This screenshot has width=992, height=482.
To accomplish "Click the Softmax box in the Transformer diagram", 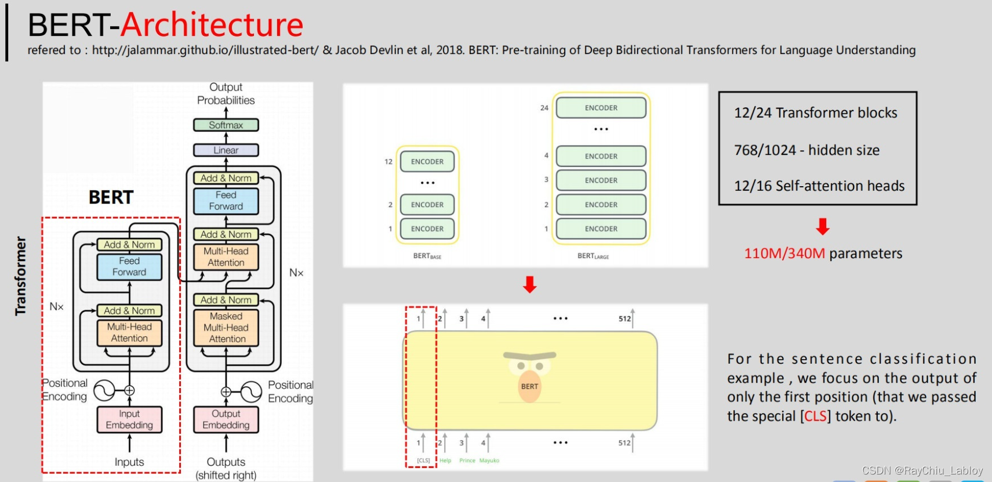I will coord(226,125).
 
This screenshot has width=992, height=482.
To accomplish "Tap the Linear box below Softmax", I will coord(226,150).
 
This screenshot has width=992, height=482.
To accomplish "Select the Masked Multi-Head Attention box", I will coord(226,328).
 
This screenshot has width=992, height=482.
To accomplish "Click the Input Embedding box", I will coord(129,419).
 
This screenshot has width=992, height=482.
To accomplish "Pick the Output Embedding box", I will coord(226,419).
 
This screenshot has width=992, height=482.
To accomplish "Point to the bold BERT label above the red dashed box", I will coord(111,197).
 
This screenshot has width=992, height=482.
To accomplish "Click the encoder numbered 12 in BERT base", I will coord(427,162).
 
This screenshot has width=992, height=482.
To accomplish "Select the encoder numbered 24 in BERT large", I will coord(601,108).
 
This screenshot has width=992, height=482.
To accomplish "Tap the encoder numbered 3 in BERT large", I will coord(601,180).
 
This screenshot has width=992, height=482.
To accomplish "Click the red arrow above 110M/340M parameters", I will coord(822,226).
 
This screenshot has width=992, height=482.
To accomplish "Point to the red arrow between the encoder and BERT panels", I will coord(529,284).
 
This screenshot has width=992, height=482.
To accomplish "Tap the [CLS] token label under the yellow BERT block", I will coord(423,461).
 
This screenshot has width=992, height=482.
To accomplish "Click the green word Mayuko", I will coord(489,461).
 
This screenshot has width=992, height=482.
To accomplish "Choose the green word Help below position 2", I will coord(445,461).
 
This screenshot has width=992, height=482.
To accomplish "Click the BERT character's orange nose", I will coord(529,387).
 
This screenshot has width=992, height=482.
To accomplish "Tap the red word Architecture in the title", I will coord(212,24).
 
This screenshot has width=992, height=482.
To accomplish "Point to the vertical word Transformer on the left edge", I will coord(21,276).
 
